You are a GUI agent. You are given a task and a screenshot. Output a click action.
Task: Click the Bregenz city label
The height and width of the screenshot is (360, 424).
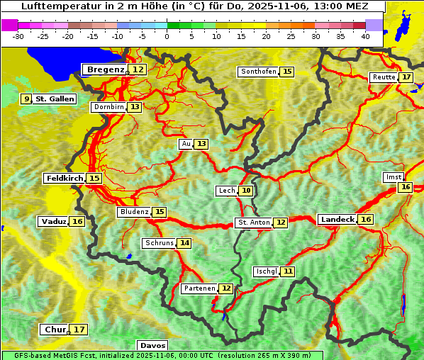106,69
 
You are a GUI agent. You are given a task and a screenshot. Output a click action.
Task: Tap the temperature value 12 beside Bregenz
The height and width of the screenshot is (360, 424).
138,69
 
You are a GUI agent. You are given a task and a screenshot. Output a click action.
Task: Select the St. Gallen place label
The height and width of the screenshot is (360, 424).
55,99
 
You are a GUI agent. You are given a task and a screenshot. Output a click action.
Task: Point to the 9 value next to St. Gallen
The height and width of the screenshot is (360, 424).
27,99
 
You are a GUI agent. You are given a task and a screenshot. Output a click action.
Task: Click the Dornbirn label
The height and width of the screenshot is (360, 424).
108,107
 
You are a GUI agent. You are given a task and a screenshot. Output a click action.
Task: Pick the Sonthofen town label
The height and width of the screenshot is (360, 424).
258,72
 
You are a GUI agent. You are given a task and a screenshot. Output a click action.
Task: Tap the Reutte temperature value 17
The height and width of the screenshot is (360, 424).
406,77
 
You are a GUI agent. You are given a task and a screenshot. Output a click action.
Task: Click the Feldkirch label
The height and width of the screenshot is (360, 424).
65,179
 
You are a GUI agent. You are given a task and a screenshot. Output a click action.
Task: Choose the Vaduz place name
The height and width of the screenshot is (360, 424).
54,222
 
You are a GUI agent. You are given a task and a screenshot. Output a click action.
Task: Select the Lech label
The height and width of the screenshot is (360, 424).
226,191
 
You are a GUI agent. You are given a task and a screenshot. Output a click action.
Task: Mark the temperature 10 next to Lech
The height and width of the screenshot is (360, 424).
245,191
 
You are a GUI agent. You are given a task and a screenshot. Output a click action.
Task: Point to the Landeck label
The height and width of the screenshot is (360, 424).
337,220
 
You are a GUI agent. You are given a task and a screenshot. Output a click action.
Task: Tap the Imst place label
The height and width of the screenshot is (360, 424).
392,176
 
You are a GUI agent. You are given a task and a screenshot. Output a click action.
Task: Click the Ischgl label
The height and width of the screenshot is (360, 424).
267,271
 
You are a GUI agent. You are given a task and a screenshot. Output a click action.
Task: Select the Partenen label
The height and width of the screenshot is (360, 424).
199,288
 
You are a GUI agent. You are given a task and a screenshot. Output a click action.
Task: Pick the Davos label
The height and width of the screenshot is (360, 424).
148,346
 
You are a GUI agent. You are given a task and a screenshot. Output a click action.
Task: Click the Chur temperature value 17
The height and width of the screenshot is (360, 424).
79,330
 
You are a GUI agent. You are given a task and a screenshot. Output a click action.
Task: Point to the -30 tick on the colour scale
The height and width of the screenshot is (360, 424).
18,36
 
